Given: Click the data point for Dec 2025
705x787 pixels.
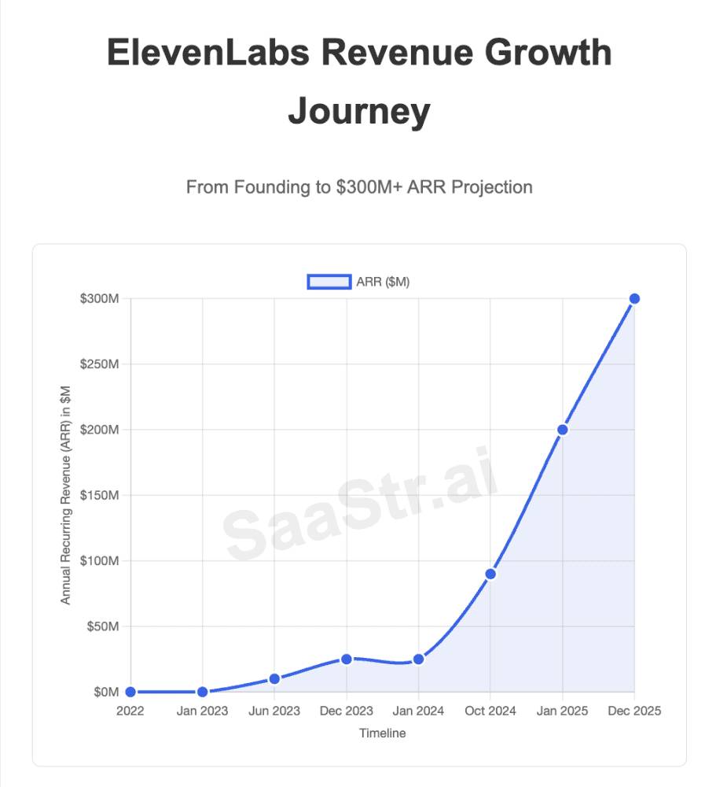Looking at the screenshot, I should pyautogui.click(x=634, y=298).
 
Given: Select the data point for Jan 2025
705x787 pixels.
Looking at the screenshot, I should pyautogui.click(x=562, y=430).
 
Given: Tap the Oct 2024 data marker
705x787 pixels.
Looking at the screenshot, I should pyautogui.click(x=490, y=574).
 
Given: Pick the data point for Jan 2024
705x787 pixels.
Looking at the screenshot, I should pyautogui.click(x=418, y=659).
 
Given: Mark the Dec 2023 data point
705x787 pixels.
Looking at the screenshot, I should pyautogui.click(x=347, y=659).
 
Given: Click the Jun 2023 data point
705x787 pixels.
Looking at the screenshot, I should pyautogui.click(x=274, y=678).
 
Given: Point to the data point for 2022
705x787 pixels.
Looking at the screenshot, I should pyautogui.click(x=130, y=692).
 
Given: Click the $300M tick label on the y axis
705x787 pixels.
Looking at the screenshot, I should pyautogui.click(x=101, y=299).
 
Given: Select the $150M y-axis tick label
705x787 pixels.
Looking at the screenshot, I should pyautogui.click(x=101, y=496).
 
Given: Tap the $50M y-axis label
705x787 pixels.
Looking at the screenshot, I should pyautogui.click(x=103, y=627).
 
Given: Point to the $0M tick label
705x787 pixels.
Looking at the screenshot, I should pyautogui.click(x=106, y=693).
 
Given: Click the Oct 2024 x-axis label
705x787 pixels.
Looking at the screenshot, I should pyautogui.click(x=490, y=711).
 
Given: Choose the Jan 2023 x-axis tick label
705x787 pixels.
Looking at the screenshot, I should pyautogui.click(x=202, y=711).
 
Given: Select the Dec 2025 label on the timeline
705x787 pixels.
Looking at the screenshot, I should pyautogui.click(x=633, y=711).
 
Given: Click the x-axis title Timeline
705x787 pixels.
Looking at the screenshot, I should pyautogui.click(x=383, y=733).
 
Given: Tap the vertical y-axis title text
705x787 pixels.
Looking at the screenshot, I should pyautogui.click(x=66, y=495).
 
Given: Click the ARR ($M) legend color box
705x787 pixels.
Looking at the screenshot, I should pyautogui.click(x=329, y=283).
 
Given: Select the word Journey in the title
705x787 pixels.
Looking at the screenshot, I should pyautogui.click(x=359, y=111).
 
